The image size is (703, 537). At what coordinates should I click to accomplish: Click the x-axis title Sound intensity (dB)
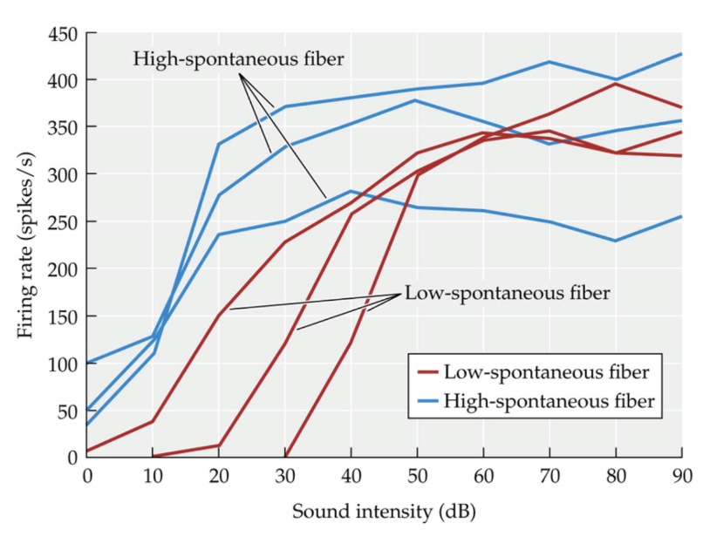pyautogui.click(x=384, y=510)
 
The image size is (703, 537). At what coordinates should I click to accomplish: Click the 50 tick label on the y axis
pyautogui.click(x=65, y=410)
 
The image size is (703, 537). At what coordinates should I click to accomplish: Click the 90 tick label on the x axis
pyautogui.click(x=680, y=476)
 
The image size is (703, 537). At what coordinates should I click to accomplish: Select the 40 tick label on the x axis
pyautogui.click(x=351, y=476)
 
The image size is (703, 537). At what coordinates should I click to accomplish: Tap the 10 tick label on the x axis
pyautogui.click(x=154, y=476)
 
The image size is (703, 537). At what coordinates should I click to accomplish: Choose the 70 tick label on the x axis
pyautogui.click(x=549, y=476)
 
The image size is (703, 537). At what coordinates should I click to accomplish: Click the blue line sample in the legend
pyautogui.click(x=427, y=402)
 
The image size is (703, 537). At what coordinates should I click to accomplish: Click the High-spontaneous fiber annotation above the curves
pyautogui.click(x=238, y=60)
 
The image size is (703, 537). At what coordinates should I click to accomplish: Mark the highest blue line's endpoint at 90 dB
pyautogui.click(x=681, y=54)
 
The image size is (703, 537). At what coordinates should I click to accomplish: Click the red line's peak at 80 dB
pyautogui.click(x=615, y=84)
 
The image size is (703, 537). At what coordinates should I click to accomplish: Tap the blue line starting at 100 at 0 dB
pyautogui.click(x=88, y=362)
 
